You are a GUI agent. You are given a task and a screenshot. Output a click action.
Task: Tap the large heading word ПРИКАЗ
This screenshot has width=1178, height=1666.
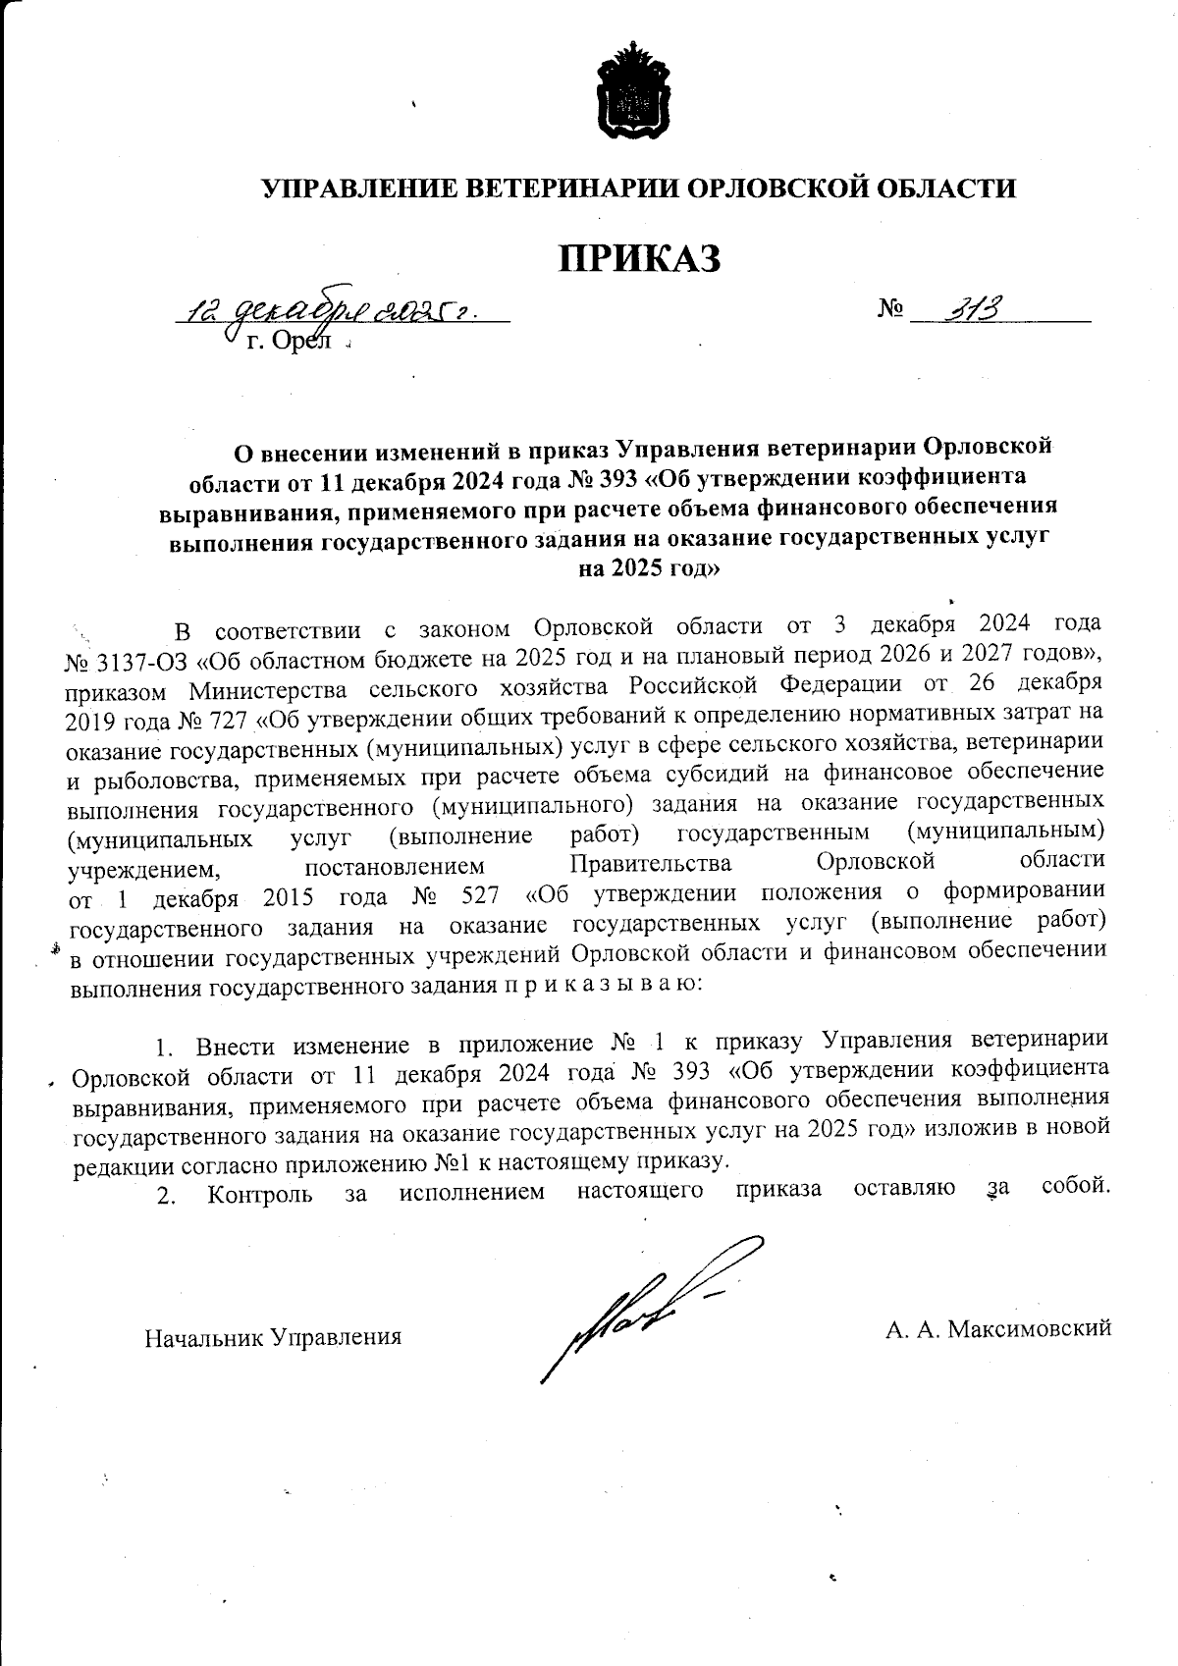(x=639, y=258)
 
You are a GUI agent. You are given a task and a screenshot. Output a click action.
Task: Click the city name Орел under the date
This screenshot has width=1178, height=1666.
(x=295, y=344)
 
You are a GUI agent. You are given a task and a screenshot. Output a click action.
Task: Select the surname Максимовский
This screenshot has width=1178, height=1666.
(x=1025, y=1329)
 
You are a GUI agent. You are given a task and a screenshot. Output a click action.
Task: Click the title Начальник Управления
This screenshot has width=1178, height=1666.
(x=273, y=1336)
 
